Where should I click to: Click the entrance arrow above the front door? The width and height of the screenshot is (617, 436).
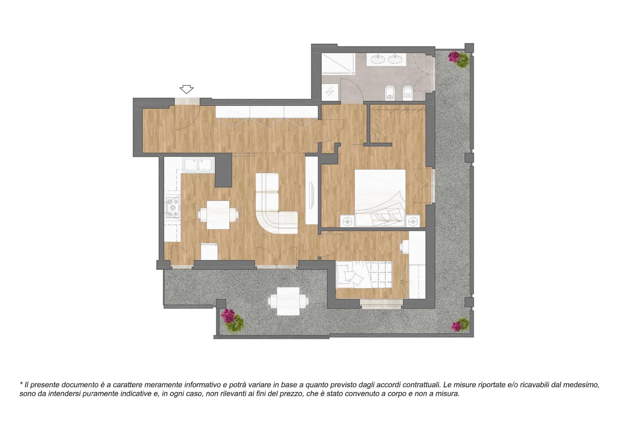(186, 89)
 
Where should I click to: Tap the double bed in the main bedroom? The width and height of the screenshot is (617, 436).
(380, 198)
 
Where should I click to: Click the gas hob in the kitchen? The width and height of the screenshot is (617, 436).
(173, 207)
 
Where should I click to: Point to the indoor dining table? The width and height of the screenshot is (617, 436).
(218, 215)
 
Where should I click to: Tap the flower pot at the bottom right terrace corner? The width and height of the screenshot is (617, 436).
(460, 324)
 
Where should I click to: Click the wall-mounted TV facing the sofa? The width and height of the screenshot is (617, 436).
(312, 195)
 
